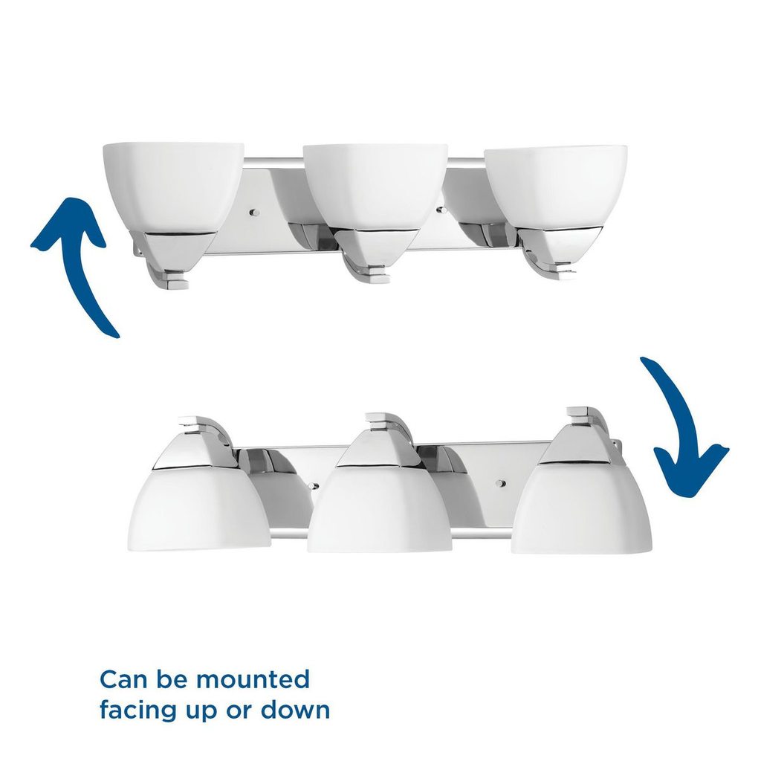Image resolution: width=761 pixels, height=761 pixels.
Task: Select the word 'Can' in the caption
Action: pyautogui.click(x=120, y=679)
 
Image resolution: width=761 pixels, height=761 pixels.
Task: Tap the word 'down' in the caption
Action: pyautogui.click(x=295, y=710)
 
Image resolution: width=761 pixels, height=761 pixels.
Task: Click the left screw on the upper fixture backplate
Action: pyautogui.click(x=254, y=213)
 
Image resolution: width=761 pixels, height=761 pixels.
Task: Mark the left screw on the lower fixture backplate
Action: pyautogui.click(x=316, y=486)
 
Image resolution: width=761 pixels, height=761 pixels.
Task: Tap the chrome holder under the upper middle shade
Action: pyautogui.click(x=368, y=249)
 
